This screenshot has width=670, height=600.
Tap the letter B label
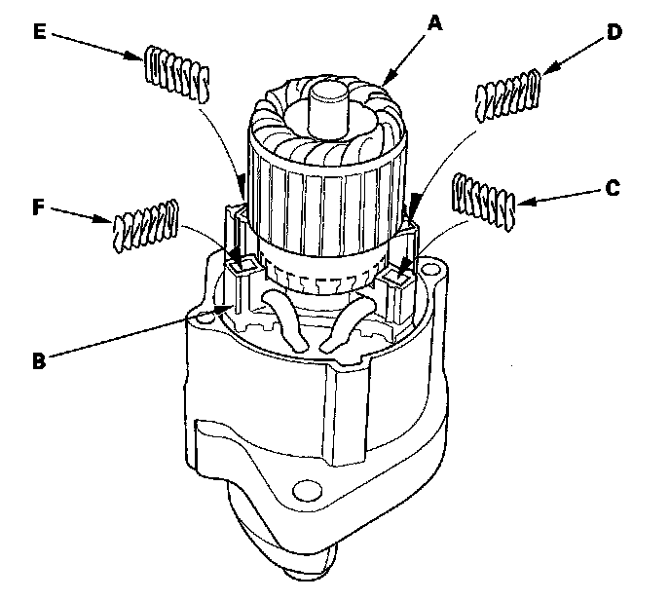coord(37,359)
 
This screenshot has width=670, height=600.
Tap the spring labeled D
coord(507,95)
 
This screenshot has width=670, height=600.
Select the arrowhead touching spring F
coord(109,221)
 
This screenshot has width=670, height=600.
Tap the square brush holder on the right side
coord(396,281)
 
